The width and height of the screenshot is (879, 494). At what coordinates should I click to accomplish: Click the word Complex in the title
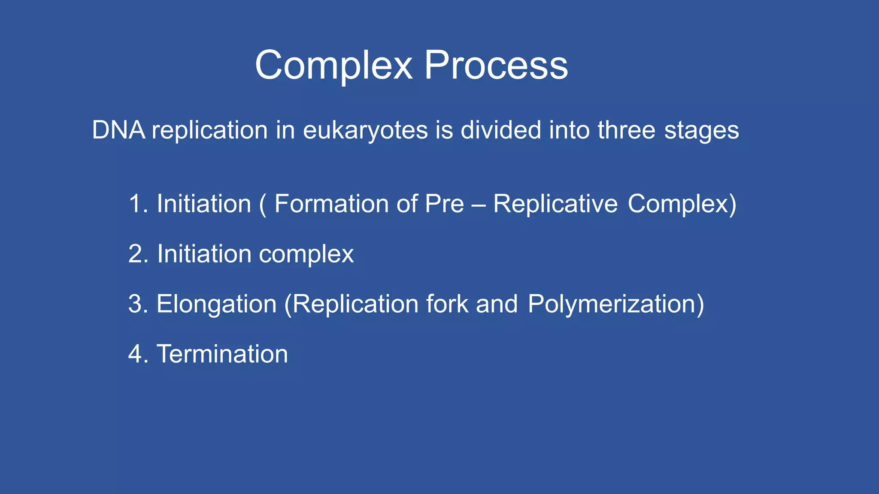[333, 66]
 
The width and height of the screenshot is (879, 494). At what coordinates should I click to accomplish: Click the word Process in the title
[496, 66]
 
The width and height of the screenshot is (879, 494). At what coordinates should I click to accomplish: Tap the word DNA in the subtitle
[118, 130]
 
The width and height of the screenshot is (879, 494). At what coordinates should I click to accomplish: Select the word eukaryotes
[365, 130]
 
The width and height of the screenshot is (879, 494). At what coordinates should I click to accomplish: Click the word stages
[701, 131]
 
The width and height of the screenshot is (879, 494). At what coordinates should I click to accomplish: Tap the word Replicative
[555, 204]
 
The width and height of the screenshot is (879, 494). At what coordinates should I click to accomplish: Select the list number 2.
[136, 254]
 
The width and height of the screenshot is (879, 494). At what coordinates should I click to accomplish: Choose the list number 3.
[136, 304]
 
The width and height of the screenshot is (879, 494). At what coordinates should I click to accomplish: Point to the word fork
[447, 304]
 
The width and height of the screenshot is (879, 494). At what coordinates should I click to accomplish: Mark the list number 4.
[136, 354]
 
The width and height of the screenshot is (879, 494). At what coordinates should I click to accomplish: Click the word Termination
[222, 354]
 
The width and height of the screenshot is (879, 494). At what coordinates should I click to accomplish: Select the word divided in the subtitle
[501, 130]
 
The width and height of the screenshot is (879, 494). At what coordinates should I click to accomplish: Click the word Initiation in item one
[203, 204]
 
